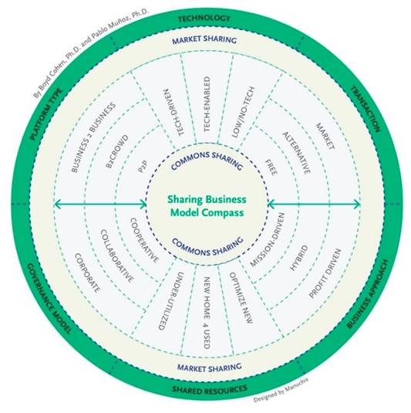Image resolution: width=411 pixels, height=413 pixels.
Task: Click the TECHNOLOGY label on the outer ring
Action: pos(204,19)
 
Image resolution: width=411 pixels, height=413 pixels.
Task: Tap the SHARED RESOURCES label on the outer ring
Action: pos(210,389)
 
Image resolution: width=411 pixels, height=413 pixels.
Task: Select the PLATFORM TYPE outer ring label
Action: pos(46,114)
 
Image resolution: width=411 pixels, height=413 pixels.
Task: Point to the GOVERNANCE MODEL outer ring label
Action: pos(49,299)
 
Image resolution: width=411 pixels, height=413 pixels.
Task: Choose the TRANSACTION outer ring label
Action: pos(366,109)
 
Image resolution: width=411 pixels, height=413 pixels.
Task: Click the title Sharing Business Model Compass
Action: pos(207,205)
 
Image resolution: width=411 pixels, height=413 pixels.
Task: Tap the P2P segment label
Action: pos(143,167)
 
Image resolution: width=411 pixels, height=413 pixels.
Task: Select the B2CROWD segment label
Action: pos(117,151)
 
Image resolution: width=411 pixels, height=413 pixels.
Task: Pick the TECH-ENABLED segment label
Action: pos(207,104)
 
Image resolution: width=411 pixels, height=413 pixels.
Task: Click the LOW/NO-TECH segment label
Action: pos(244,112)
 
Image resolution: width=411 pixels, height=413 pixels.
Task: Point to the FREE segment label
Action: pos(271,168)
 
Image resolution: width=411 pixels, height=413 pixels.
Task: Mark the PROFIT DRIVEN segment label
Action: pos(325,273)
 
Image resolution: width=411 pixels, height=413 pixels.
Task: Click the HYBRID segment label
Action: pos(299,258)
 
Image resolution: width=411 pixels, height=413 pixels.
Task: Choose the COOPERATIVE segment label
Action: pos(144,240)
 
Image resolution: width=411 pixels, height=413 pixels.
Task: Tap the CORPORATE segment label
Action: pos(87,273)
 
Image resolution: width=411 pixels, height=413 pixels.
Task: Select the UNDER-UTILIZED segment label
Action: pos(171,301)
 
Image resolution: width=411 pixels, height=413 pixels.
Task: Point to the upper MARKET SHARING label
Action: pos(204,40)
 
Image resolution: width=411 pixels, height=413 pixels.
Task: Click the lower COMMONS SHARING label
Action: pos(208,246)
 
